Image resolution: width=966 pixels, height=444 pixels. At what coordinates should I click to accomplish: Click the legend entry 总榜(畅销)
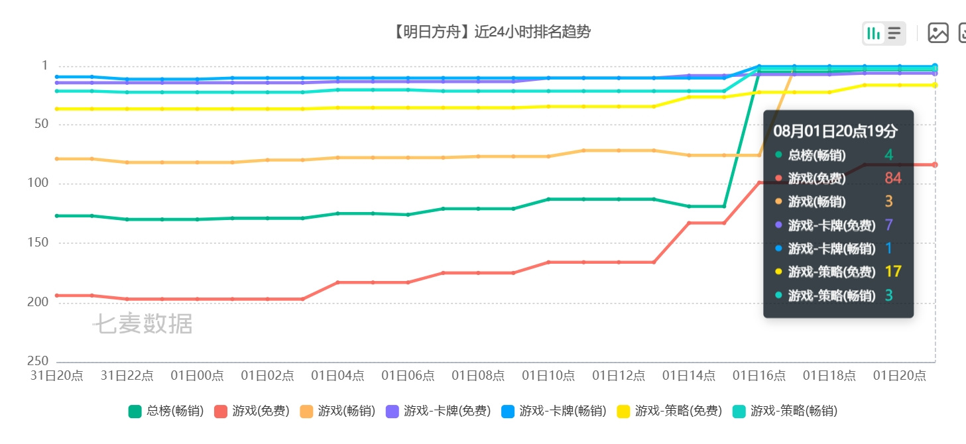[x=166, y=411]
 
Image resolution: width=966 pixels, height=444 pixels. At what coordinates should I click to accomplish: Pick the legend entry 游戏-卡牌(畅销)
[x=554, y=411]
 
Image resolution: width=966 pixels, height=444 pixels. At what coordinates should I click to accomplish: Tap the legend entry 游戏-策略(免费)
[x=670, y=411]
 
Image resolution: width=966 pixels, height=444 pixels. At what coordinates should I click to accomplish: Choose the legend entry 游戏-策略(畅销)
[x=785, y=411]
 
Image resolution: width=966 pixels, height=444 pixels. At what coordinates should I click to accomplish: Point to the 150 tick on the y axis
[x=38, y=243]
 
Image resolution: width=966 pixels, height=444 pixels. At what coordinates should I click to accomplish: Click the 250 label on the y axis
[x=38, y=361]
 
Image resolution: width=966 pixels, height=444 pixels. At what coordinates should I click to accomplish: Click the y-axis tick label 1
[x=44, y=66]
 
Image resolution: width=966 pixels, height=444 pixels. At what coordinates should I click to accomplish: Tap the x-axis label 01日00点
[x=197, y=376]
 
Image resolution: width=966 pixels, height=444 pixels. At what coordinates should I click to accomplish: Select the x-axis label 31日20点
[x=56, y=376]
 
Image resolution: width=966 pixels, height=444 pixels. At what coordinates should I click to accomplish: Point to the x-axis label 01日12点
[x=619, y=376]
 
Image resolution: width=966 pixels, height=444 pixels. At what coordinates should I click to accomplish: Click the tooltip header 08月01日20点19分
[x=835, y=131]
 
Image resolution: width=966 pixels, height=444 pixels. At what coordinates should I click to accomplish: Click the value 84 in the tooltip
[x=893, y=178]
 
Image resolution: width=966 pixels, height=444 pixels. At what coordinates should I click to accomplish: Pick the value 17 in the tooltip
[x=893, y=272]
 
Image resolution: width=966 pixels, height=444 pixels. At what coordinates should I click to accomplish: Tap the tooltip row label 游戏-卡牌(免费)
[x=832, y=225]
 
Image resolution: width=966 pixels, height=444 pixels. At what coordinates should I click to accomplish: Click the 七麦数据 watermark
[x=143, y=324]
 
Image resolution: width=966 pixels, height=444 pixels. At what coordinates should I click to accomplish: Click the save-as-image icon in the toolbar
[x=938, y=33]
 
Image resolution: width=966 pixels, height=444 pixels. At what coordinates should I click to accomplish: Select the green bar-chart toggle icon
[x=873, y=33]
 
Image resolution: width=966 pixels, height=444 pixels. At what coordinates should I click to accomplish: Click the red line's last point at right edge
[x=935, y=164]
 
